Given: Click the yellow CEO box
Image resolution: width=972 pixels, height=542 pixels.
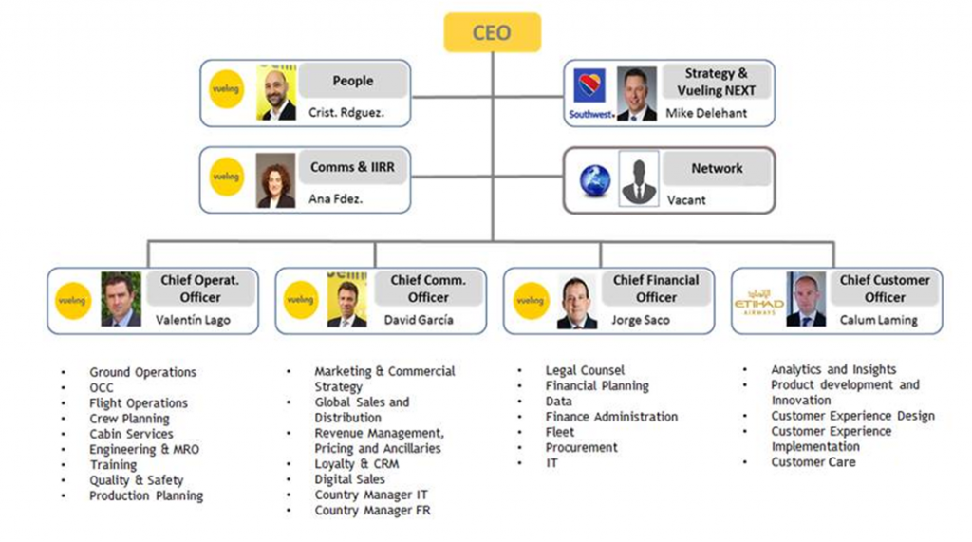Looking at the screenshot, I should click(x=492, y=32).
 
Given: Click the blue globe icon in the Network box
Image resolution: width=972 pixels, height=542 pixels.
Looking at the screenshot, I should click(x=596, y=180).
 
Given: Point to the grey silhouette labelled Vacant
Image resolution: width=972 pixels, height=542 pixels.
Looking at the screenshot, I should click(x=639, y=178).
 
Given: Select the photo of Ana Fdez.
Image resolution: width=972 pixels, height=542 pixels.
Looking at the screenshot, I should click(x=275, y=180).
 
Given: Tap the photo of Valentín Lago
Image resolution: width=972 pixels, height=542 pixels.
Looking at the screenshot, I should click(x=121, y=300).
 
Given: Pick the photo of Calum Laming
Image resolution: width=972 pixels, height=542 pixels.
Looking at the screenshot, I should click(x=806, y=300).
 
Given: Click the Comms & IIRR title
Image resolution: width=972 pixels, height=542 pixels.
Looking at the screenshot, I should click(x=352, y=167).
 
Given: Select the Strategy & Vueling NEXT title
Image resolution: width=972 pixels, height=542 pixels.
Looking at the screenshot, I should click(x=717, y=82).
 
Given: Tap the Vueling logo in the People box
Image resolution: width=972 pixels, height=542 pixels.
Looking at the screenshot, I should click(x=227, y=90).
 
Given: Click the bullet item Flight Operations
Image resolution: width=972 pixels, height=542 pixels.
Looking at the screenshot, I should click(x=139, y=403).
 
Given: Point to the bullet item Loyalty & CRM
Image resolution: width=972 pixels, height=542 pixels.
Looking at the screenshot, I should click(x=357, y=464).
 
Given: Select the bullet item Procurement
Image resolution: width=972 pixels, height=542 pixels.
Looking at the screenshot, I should click(x=581, y=447).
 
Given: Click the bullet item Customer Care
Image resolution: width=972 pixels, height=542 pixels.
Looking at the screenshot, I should click(x=813, y=462).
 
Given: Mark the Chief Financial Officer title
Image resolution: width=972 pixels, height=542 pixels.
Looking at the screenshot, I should click(x=656, y=289).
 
